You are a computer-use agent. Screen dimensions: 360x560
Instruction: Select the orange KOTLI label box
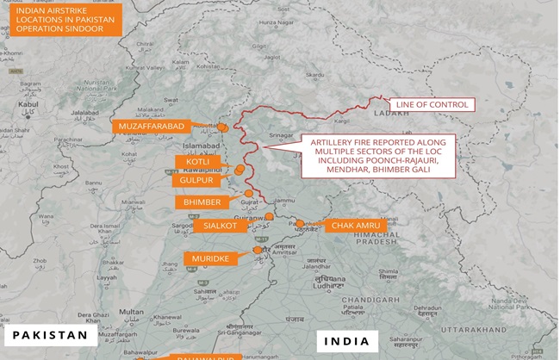tap(192, 162)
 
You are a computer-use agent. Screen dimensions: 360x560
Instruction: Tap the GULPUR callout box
tap(192, 181)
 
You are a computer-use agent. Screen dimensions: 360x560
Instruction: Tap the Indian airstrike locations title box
tap(62, 20)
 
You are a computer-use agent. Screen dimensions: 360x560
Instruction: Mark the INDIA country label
tap(346, 341)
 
